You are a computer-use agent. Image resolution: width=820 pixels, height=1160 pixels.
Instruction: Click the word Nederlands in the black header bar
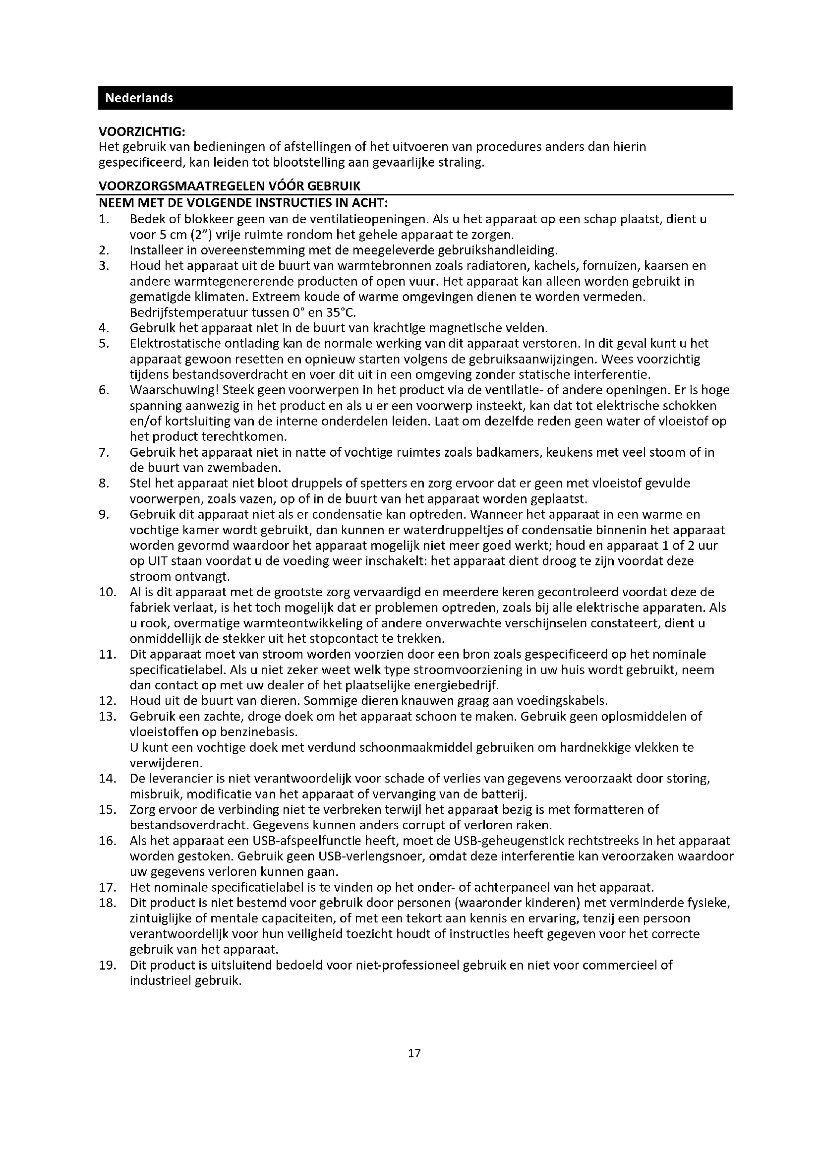pyautogui.click(x=139, y=98)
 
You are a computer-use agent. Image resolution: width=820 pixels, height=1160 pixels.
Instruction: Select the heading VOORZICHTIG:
pyautogui.click(x=142, y=132)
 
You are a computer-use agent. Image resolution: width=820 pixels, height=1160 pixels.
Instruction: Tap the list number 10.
pyautogui.click(x=108, y=592)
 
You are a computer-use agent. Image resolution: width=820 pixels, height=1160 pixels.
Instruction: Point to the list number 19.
pyautogui.click(x=108, y=965)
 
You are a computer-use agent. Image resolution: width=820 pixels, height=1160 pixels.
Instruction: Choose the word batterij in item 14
pyautogui.click(x=507, y=794)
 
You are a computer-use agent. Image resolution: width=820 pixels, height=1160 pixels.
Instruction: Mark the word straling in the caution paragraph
pyautogui.click(x=459, y=163)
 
